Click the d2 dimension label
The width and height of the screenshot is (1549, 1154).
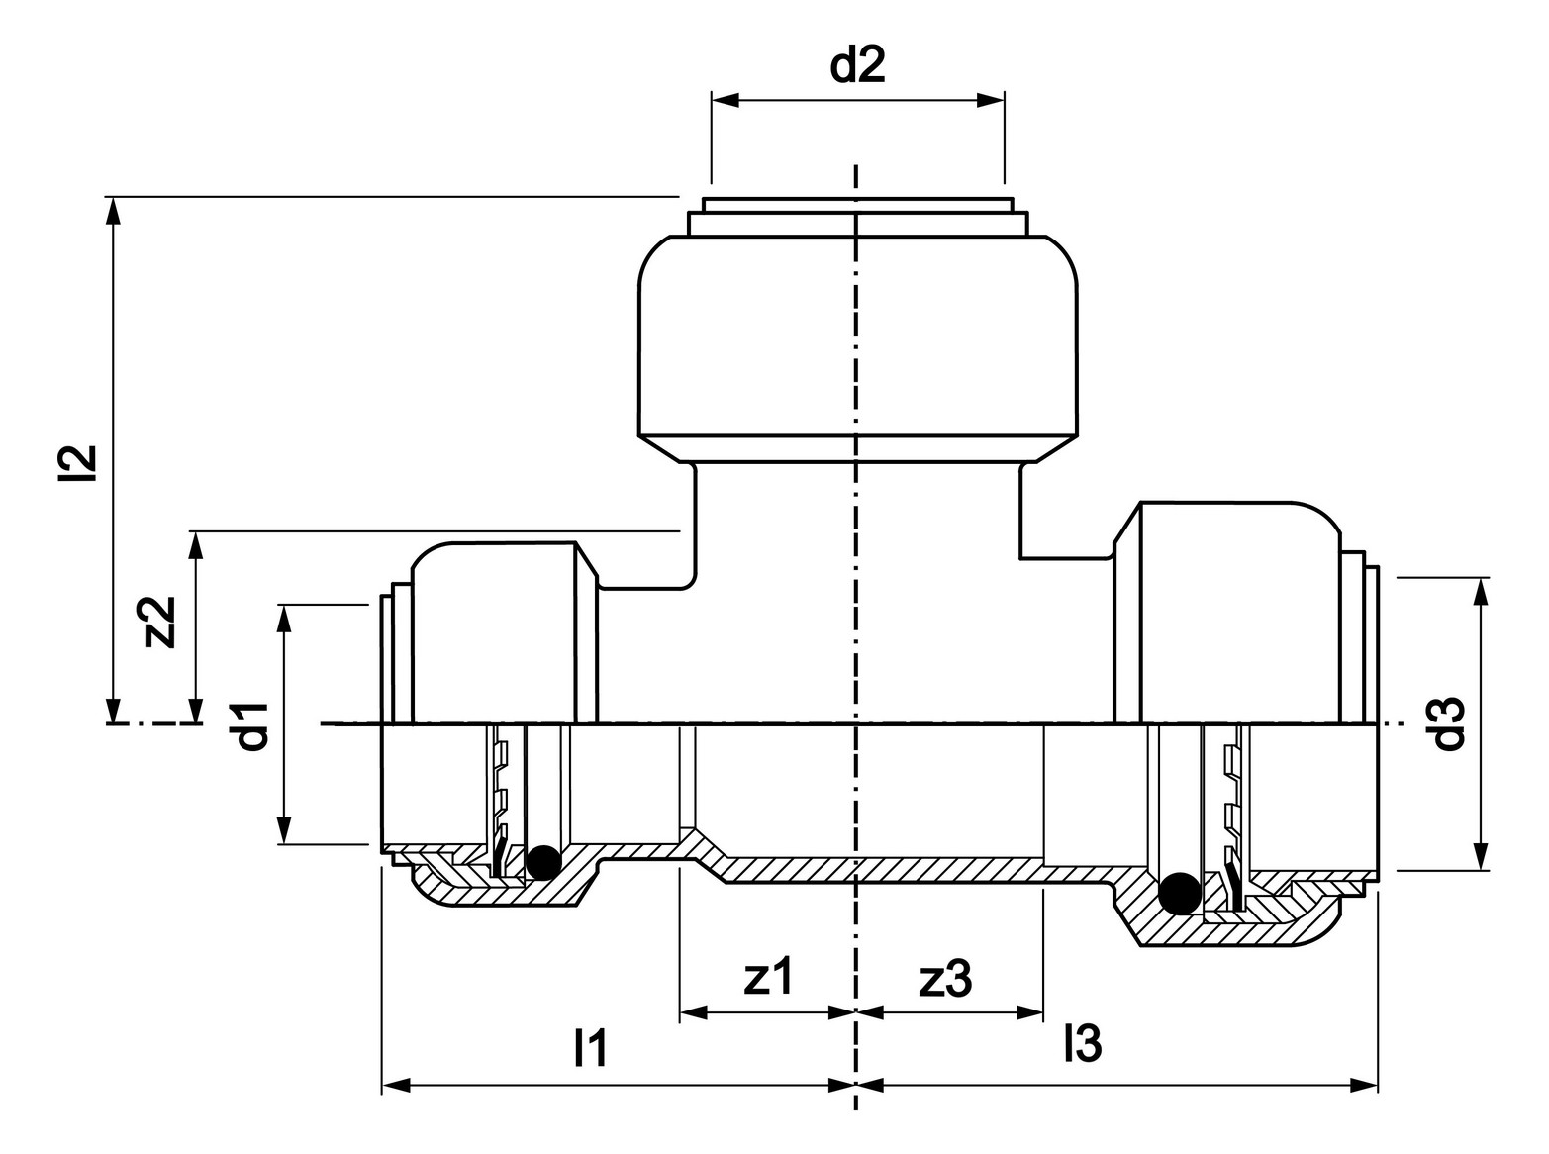pyautogui.click(x=857, y=65)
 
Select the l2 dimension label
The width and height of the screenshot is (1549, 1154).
pyautogui.click(x=76, y=463)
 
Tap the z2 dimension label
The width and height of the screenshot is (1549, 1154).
pyautogui.click(x=158, y=622)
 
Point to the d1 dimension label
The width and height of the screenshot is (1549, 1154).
pyautogui.click(x=252, y=726)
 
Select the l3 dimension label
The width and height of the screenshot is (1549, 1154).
pyautogui.click(x=1083, y=1043)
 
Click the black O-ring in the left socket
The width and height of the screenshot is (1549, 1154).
pyautogui.click(x=542, y=862)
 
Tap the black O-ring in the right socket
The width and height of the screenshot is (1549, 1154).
pyautogui.click(x=1179, y=893)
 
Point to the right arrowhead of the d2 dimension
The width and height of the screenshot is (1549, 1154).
pyautogui.click(x=991, y=100)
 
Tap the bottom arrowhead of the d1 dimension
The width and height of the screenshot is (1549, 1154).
pyautogui.click(x=283, y=830)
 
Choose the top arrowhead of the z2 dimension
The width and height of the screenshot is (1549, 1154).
pyautogui.click(x=196, y=545)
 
